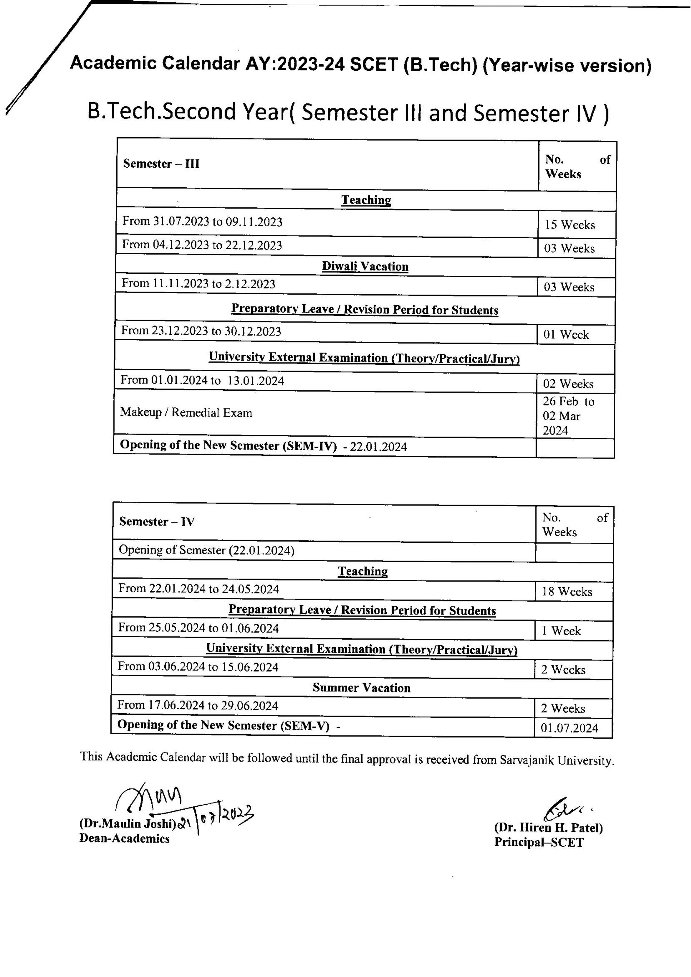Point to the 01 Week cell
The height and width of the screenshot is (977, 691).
click(x=566, y=334)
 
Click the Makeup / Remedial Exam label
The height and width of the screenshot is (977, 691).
click(x=186, y=412)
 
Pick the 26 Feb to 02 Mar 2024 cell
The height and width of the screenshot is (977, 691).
click(x=568, y=416)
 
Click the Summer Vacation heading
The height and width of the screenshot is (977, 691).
click(x=361, y=688)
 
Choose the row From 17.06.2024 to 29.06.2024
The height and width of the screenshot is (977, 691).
click(x=198, y=706)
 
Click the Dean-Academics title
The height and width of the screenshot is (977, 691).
click(x=124, y=839)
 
